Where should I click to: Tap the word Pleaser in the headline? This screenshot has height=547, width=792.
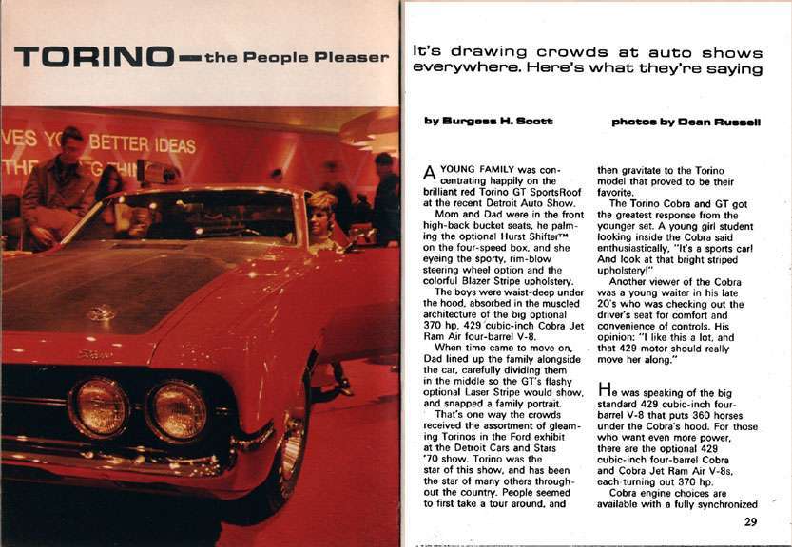[354, 57]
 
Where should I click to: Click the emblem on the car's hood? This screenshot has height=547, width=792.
[101, 312]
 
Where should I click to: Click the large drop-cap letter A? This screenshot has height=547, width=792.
[427, 174]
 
